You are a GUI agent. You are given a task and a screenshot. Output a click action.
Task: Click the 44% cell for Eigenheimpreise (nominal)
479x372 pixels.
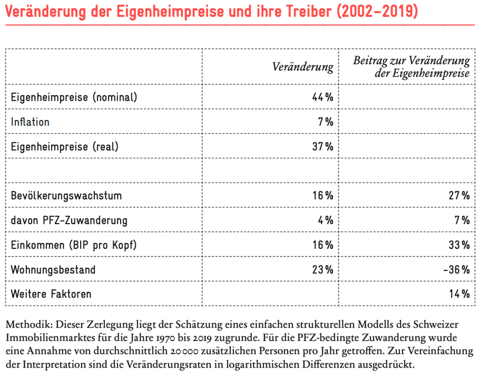pos(322,98)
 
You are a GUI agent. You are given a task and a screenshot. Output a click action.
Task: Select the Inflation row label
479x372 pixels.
pos(30,122)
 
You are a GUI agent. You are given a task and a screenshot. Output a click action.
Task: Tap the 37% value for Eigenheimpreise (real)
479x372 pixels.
pos(322,147)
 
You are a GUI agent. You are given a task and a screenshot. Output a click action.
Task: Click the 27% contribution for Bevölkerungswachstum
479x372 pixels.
pos(459,196)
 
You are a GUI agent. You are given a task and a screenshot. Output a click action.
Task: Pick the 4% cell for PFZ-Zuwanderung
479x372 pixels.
pos(325,220)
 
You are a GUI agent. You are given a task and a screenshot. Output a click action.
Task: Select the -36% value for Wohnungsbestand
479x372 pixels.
pos(456,270)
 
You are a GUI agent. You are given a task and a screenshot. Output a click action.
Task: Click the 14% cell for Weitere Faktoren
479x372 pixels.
pos(459,294)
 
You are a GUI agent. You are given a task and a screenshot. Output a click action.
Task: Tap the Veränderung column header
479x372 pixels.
pos(303,67)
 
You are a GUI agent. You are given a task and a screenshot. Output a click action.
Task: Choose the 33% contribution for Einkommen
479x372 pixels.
pos(459,245)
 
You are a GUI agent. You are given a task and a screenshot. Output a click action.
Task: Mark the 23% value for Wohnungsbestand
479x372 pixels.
pos(322,270)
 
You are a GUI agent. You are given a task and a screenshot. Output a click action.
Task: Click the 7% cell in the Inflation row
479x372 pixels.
pos(325,122)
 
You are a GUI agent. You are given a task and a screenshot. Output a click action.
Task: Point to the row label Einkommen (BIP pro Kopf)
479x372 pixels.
pos(74,245)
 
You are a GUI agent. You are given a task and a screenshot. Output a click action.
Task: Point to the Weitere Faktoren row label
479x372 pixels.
pos(51,294)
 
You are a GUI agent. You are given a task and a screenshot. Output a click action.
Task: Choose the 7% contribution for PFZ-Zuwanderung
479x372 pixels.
pos(462,220)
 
